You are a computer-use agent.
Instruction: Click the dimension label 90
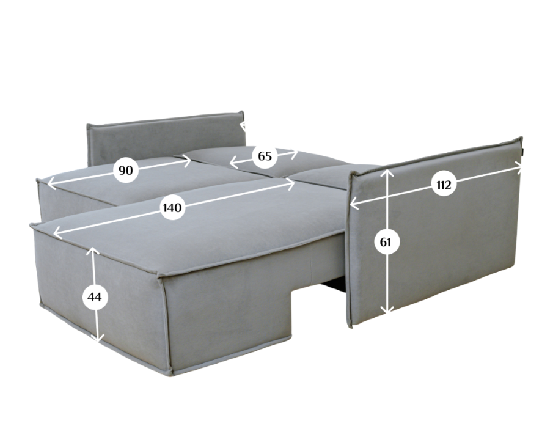point(126,171)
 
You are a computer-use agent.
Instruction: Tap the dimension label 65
point(265,156)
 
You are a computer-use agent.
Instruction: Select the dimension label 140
point(172,208)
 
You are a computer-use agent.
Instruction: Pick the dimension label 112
point(444,185)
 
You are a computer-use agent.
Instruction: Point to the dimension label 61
point(385,242)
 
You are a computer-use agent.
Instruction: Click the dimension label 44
point(94,297)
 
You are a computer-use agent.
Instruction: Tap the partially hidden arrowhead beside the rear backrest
point(243,125)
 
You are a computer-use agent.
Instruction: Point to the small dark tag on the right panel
point(522,150)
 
